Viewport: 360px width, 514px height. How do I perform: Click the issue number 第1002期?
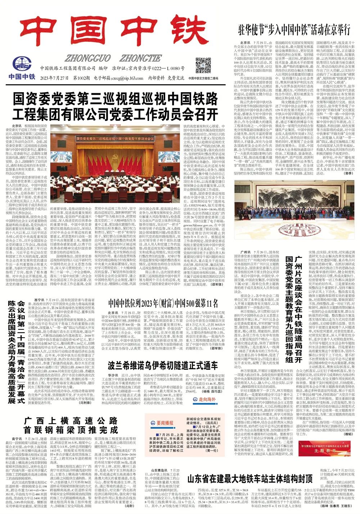(x=81, y=78)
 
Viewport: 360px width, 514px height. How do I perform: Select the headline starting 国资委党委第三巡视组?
(x=115, y=106)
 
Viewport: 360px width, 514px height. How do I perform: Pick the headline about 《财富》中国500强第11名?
(x=163, y=303)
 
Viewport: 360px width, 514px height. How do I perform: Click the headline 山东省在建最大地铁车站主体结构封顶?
(x=250, y=478)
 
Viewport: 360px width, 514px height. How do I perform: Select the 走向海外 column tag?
(x=204, y=399)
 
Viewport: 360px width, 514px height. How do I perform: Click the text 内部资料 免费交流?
(x=166, y=78)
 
